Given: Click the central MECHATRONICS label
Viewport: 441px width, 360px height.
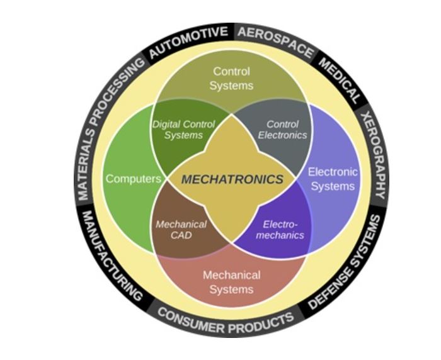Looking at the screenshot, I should pos(232,179).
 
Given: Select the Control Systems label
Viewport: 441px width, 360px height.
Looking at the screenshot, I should pos(231,79).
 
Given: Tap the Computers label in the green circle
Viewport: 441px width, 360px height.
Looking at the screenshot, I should pos(133,179).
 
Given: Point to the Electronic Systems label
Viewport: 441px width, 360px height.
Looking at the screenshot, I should pos(333,179).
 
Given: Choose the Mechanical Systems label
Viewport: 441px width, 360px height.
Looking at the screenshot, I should pos(231,282).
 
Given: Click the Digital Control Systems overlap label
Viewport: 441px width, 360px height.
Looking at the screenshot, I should pos(184,130).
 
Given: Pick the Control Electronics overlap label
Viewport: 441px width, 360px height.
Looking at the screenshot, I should pos(282,130).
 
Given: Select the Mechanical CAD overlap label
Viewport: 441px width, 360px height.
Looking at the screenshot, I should pos(181,230).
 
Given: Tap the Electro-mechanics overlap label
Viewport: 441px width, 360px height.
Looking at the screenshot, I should pos(283,229).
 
